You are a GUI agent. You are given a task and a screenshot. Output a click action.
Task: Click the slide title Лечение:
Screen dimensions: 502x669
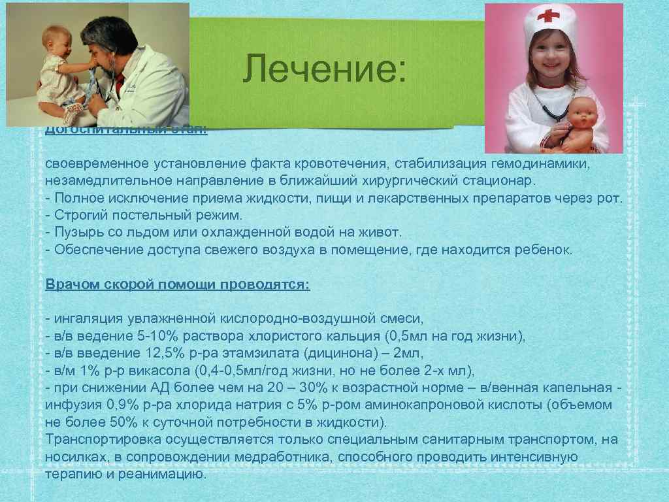[x=325, y=70]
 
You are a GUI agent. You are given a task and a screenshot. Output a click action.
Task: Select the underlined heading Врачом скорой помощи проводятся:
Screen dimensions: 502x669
[x=178, y=285]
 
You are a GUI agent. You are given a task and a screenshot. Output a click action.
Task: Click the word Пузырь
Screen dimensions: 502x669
[x=76, y=233]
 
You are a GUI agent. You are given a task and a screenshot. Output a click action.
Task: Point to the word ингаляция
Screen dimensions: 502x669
[x=85, y=319]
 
